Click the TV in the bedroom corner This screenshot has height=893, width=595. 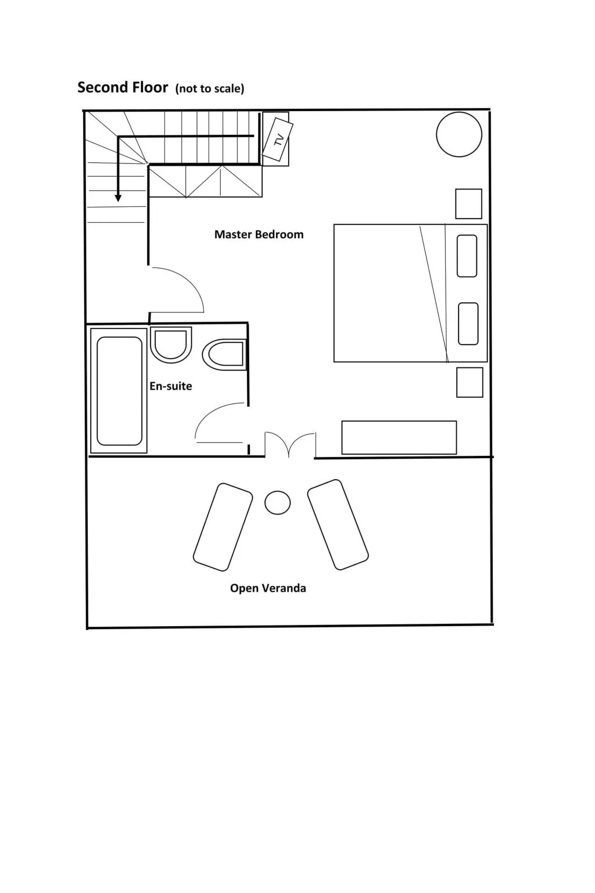point(278,140)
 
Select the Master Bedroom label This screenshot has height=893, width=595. point(259,234)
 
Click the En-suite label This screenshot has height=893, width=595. point(171,386)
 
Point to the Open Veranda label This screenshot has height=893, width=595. point(268,588)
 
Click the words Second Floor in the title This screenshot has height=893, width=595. point(123,87)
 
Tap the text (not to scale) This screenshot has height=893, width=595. point(210,88)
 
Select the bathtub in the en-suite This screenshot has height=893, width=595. point(119,391)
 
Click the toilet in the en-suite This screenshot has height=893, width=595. point(224,354)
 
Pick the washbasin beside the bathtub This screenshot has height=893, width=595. point(171,345)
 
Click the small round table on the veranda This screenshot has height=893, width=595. point(277,502)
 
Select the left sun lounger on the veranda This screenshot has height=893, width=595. point(223,527)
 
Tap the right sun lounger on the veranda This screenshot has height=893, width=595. point(338,524)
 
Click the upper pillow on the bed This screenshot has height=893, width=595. point(467,256)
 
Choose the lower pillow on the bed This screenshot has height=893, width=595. point(468,324)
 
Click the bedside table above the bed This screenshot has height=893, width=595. point(469,203)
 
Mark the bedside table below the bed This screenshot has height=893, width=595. point(470,383)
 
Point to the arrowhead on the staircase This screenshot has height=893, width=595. point(118,198)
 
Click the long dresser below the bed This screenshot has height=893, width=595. point(399,437)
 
